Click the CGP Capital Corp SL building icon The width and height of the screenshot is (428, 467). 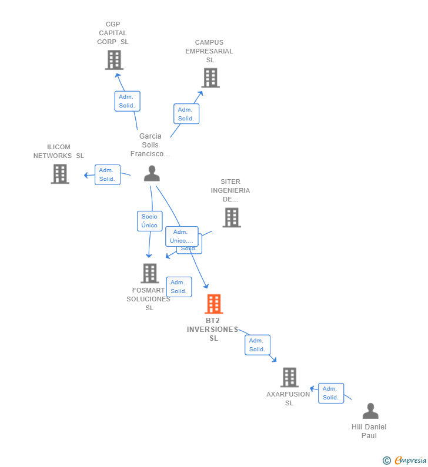114,60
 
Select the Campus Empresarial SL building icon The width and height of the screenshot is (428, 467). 210,78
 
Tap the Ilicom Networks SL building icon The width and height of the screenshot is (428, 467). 60,174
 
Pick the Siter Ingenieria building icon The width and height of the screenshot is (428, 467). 232,217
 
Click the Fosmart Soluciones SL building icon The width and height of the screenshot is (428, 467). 150,273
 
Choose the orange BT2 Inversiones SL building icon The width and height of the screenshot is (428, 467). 213,304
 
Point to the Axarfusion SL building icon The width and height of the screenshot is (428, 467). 289,377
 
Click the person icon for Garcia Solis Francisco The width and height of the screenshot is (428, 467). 152,173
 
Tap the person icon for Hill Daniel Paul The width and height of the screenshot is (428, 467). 370,411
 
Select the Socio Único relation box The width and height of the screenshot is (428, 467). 149,221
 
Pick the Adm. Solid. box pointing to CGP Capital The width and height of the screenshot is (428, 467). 127,101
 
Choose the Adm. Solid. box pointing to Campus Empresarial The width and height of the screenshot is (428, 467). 186,114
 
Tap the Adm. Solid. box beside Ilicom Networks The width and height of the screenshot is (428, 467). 107,174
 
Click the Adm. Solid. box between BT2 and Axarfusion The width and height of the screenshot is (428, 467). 257,345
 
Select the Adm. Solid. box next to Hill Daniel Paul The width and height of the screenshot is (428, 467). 331,393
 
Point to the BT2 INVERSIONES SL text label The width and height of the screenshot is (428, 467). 213,330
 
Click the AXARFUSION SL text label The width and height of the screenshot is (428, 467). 288,399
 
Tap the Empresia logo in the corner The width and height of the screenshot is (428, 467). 405,461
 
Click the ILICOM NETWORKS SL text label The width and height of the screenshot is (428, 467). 59,152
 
